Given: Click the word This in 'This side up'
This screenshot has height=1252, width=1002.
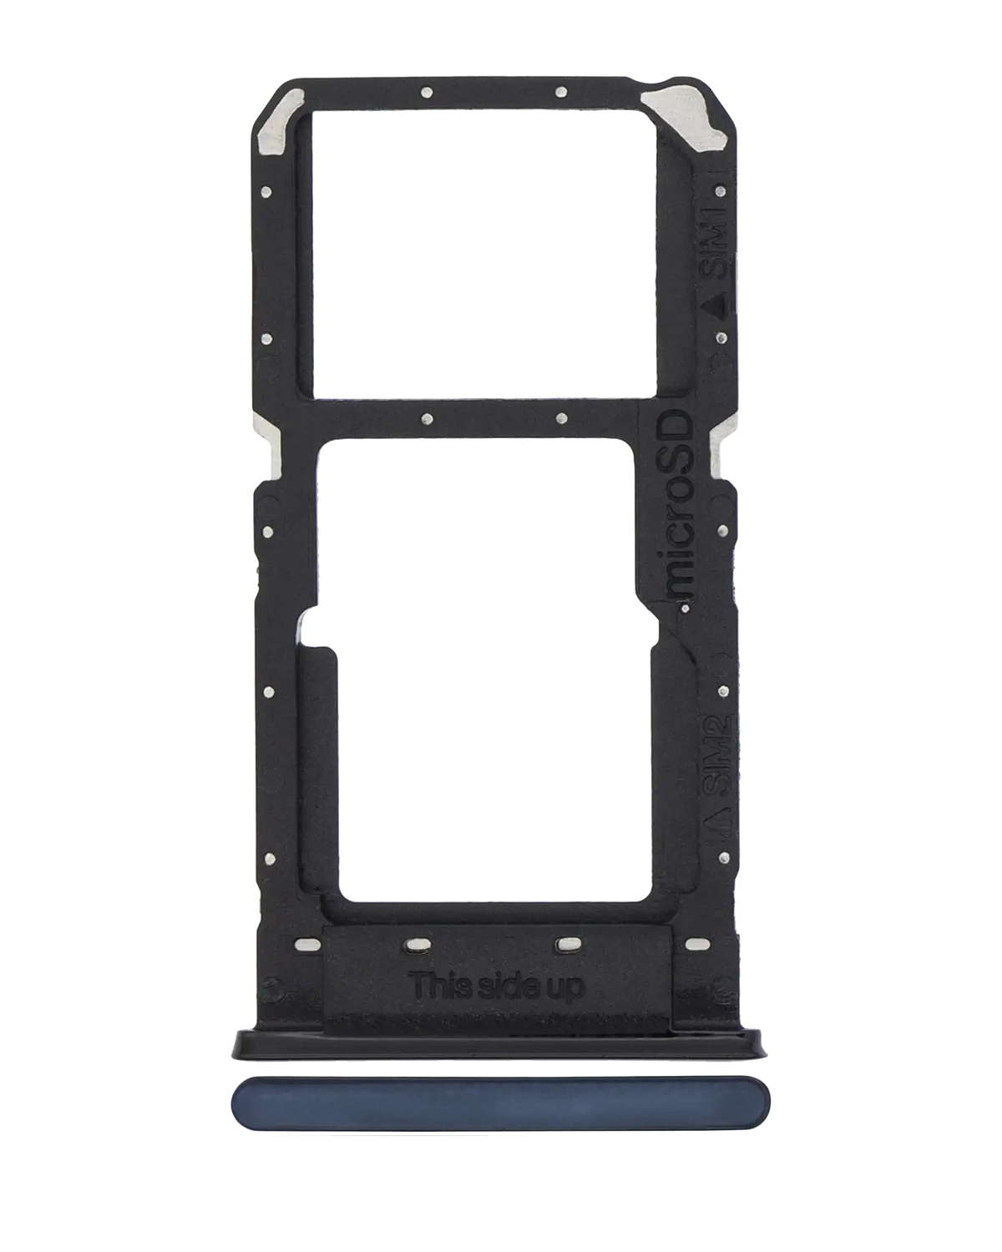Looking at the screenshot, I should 444,987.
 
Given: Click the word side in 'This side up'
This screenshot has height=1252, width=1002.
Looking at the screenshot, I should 508,987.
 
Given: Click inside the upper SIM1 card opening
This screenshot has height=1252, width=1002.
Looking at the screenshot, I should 483,250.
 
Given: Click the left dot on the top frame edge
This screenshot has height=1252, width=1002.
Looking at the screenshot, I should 426,92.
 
